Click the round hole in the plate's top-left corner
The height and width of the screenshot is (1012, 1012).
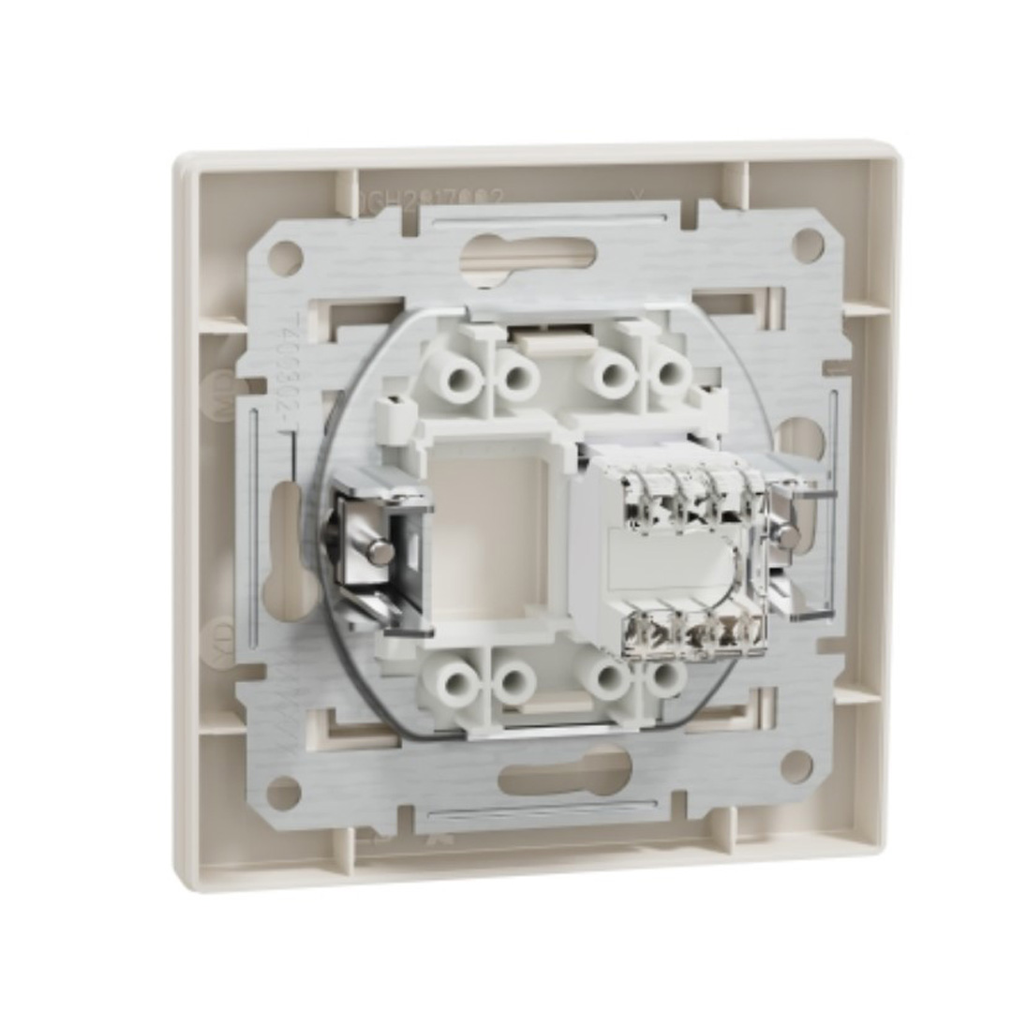[x=287, y=255]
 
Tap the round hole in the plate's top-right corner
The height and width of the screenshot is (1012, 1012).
[x=808, y=245]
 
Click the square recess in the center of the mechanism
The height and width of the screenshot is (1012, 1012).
[x=486, y=535]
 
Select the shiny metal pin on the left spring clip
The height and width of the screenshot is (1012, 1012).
[x=379, y=552]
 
